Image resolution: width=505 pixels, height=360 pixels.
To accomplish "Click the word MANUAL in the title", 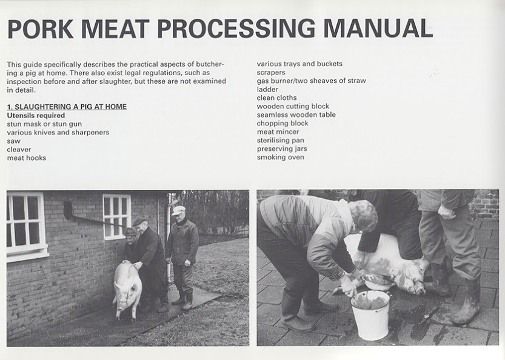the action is pos(378,28).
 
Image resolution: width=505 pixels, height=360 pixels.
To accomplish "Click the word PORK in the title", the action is pos(40,28).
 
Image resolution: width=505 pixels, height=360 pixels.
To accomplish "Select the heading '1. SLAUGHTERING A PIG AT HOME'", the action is pos(67,107).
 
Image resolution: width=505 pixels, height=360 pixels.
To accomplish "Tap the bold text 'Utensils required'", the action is pos(36,115).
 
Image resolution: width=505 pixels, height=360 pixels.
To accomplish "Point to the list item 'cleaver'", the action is pos(19,150).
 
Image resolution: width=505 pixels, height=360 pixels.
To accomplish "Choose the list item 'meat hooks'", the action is pos(27,158).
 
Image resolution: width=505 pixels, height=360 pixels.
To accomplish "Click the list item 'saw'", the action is pos(13,141).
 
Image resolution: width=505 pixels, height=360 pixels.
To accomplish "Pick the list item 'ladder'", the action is pos(267,89).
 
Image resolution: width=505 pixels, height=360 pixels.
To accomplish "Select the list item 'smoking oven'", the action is pos(280,157).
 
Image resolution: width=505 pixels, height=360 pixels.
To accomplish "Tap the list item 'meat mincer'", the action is pos(278,132).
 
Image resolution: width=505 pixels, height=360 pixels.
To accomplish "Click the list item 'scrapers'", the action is pos(271,73).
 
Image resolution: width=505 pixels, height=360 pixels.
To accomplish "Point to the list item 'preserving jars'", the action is pos(282,148).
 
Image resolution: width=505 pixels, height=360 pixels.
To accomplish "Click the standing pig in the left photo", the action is pos(127,287).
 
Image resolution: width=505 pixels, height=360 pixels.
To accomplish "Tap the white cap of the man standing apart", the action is pos(178,210).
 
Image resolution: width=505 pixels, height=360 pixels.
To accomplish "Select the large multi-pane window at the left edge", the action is pos(25,225).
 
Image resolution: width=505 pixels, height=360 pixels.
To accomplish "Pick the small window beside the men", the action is pos(116,216).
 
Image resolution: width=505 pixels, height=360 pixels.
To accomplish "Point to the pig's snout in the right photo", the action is pos(420,288).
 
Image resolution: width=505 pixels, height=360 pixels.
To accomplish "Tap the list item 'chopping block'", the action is pos(283,123).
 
